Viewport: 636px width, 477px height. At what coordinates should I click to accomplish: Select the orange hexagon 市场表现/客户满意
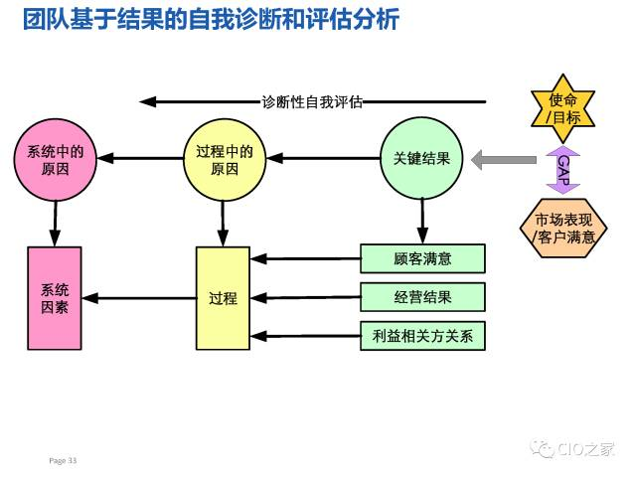563,228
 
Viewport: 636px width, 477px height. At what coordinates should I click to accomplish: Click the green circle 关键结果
422,158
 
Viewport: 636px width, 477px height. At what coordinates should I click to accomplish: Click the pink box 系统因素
55,297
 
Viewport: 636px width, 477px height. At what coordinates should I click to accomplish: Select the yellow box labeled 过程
223,297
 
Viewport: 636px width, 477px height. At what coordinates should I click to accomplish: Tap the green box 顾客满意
422,258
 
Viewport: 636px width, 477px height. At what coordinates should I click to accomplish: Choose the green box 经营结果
422,297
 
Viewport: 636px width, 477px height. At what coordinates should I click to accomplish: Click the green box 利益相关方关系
422,336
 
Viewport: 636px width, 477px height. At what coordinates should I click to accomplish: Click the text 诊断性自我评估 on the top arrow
311,101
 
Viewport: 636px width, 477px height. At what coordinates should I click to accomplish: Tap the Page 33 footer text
63,460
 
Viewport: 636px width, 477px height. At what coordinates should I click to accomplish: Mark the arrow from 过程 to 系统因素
139,297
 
